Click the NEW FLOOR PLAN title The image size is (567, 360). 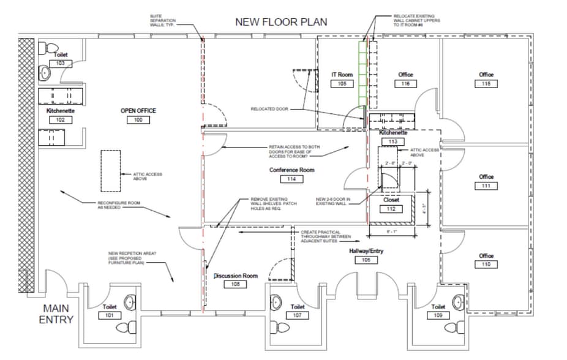[x=282, y=22]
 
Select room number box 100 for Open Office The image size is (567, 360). [x=138, y=120]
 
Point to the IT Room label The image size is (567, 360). [x=342, y=75]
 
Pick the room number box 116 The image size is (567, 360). [x=405, y=84]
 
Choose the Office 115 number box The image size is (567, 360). [x=486, y=84]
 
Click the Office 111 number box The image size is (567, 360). [x=486, y=186]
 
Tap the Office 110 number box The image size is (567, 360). [x=486, y=264]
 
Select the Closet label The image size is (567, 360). [x=391, y=200]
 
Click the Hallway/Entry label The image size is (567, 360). [x=366, y=251]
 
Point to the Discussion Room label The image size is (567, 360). [x=235, y=276]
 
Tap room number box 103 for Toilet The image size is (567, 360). [x=61, y=64]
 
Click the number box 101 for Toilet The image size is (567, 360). [x=109, y=315]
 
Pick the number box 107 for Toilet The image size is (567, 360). [x=298, y=315]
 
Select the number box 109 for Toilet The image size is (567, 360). [x=438, y=315]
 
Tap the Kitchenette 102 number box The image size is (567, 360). [x=61, y=120]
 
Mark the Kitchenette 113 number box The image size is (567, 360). [x=392, y=141]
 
